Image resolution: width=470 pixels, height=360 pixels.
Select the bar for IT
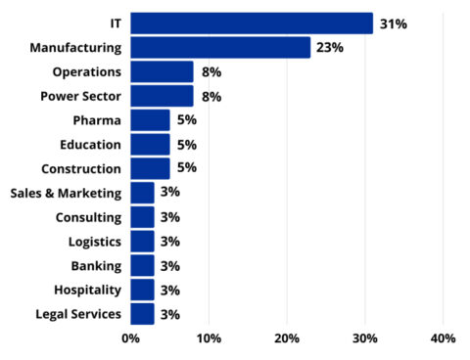[252, 23]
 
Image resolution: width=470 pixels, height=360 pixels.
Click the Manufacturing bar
[220, 47]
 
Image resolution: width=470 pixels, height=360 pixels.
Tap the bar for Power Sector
[162, 96]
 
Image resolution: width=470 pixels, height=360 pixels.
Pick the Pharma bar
[150, 119]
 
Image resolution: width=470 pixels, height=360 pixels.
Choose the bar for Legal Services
[142, 313]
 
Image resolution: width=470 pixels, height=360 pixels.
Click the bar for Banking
[142, 265]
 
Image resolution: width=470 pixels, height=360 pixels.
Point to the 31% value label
[393, 23]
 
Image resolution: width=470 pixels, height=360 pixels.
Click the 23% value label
[330, 47]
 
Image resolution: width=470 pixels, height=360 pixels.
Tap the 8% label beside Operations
[211, 71]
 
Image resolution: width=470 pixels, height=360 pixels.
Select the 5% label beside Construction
[186, 167]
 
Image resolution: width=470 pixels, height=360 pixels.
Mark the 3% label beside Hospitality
[170, 290]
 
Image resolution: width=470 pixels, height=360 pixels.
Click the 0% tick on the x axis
[130, 338]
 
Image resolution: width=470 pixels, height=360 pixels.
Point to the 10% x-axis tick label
[209, 338]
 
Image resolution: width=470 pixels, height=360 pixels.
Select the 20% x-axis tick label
[287, 338]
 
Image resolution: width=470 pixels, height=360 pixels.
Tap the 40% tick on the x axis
[443, 338]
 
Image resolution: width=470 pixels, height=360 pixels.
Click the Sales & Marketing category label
[66, 193]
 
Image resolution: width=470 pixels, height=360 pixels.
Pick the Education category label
[87, 145]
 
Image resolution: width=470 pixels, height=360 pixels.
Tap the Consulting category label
[88, 217]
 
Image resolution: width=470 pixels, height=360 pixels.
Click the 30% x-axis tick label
[364, 338]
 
